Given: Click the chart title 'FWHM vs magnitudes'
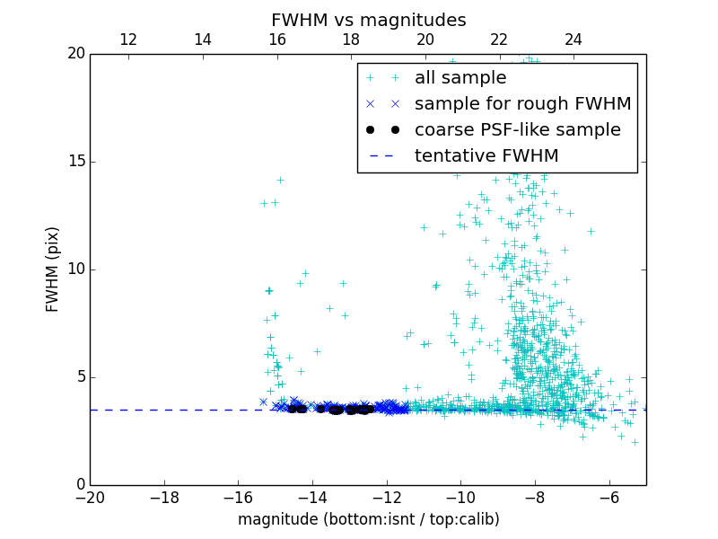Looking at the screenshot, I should [x=368, y=20].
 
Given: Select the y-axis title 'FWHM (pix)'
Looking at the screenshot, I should [x=53, y=269].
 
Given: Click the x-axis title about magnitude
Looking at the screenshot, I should [x=368, y=519].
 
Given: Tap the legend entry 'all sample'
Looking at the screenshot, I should [x=460, y=78].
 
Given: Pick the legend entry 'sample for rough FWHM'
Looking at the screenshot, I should [x=522, y=104].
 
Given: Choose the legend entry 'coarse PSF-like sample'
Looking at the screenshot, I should [x=517, y=130].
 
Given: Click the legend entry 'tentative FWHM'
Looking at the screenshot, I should [x=486, y=156].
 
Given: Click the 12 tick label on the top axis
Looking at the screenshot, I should [x=127, y=40].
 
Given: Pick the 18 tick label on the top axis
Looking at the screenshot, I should [x=350, y=40].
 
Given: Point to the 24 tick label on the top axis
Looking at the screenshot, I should [x=573, y=40].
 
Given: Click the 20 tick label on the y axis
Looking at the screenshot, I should [x=75, y=54].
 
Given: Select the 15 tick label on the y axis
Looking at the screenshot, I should [x=75, y=162].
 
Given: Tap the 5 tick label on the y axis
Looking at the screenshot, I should [x=79, y=377].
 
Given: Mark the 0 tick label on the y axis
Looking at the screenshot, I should [x=79, y=485].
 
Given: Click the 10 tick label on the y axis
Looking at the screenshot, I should [x=75, y=269].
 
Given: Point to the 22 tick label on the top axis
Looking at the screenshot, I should [x=498, y=40].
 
